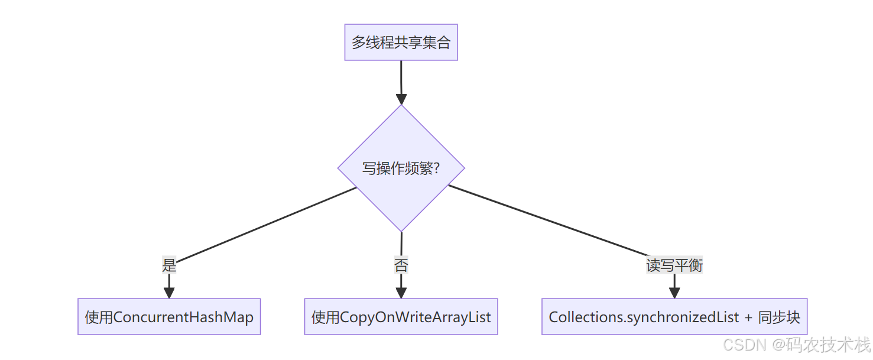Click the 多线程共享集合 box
(401, 43)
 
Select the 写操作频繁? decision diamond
(401, 168)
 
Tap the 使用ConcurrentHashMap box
(169, 317)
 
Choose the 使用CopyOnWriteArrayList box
(401, 317)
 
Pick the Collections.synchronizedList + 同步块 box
(674, 317)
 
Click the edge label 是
(169, 265)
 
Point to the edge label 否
(401, 265)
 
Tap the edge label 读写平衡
(674, 265)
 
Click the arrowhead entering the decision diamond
(401, 99)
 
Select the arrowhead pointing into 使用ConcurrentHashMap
(169, 293)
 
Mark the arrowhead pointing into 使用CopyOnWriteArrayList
(401, 293)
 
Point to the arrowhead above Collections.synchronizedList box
(674, 293)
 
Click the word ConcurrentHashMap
(183, 317)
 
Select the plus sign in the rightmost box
(748, 317)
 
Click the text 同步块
(779, 317)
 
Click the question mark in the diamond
(436, 168)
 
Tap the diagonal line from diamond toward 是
(266, 225)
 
